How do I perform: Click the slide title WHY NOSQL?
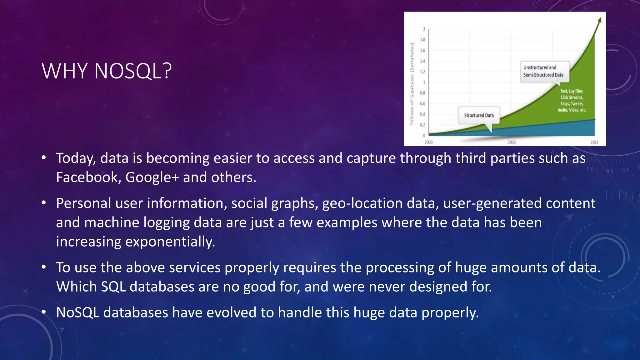pyautogui.click(x=107, y=71)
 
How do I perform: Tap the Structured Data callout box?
pyautogui.click(x=479, y=115)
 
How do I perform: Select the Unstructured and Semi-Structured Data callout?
pyautogui.click(x=543, y=71)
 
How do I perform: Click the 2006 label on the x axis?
pyautogui.click(x=512, y=142)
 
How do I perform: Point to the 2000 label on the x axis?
pyautogui.click(x=428, y=142)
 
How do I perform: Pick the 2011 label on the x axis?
pyautogui.click(x=594, y=142)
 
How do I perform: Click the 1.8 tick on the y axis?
pyautogui.click(x=422, y=40)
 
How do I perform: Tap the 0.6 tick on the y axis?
pyautogui.click(x=422, y=103)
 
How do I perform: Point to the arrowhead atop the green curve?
pyautogui.click(x=599, y=20)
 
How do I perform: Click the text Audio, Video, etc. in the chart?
pyautogui.click(x=572, y=110)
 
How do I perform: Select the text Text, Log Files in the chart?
pyautogui.click(x=572, y=91)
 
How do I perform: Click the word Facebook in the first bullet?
pyautogui.click(x=87, y=177)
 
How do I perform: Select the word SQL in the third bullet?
pyautogui.click(x=113, y=287)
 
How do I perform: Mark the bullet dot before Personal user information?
pyautogui.click(x=44, y=203)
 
